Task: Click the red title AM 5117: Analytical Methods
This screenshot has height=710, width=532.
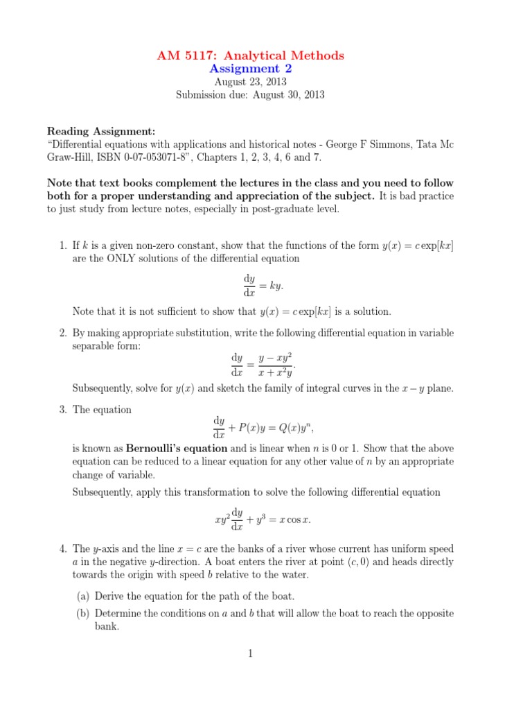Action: pyautogui.click(x=249, y=55)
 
